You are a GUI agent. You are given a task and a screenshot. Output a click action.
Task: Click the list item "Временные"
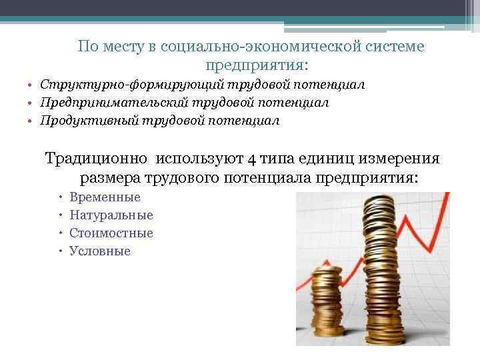(x=105, y=197)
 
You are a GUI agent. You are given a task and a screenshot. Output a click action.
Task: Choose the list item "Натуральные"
(x=111, y=215)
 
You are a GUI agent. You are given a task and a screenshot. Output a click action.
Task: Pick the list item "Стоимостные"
(x=111, y=233)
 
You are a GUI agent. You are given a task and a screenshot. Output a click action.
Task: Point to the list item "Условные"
(x=100, y=251)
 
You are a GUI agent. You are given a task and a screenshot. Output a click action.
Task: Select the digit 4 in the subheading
(x=251, y=159)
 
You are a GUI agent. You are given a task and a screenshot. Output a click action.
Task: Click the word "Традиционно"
(x=97, y=159)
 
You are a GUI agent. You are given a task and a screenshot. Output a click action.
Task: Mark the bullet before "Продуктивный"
(x=31, y=121)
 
